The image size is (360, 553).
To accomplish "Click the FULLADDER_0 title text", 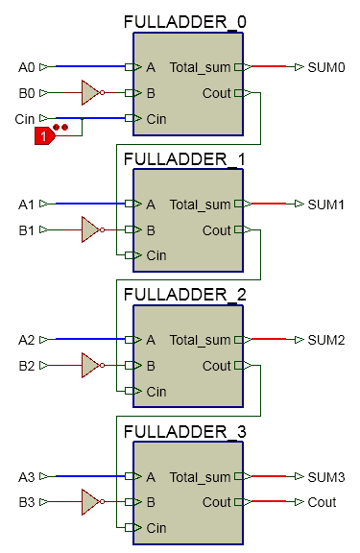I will pos(184,22).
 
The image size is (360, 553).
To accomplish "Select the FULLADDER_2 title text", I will pos(184,295).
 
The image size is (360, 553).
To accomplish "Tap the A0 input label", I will pos(26,67).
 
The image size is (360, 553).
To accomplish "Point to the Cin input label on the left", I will pos(24,118).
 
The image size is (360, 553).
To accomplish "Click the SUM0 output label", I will pos(325,67).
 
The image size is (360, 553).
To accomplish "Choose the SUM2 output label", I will pos(325,340).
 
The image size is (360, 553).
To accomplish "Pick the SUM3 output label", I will pos(325,476).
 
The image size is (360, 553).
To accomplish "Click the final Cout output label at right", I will pos(322,502).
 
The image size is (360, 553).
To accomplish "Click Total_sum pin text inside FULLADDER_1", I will pos(200,204).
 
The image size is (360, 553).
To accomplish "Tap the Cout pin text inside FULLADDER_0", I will pos(217,93).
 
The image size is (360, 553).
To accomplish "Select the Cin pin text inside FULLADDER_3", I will pos(156,528).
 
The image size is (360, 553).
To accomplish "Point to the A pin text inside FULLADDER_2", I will pos(151,340).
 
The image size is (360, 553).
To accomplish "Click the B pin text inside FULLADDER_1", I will pos(151,229).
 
